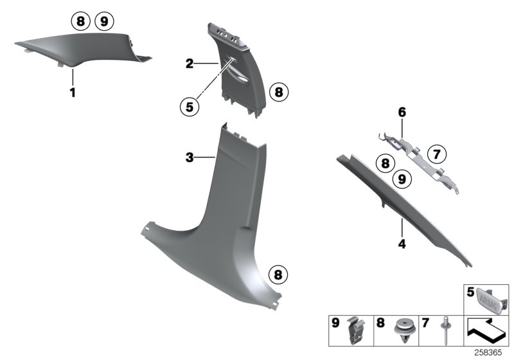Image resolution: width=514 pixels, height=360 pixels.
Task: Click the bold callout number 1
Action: pos(73,93)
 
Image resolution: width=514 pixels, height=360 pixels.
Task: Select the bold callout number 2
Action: pos(190,64)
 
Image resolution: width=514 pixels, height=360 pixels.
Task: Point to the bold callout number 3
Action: pos(189,157)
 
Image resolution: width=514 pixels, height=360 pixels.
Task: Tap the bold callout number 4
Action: pos(402,244)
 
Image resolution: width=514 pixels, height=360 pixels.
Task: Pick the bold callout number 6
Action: pos(402,112)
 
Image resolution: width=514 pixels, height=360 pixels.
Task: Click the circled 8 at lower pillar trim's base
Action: pos(277,275)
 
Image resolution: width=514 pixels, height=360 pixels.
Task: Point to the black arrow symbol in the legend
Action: pos(486,332)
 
